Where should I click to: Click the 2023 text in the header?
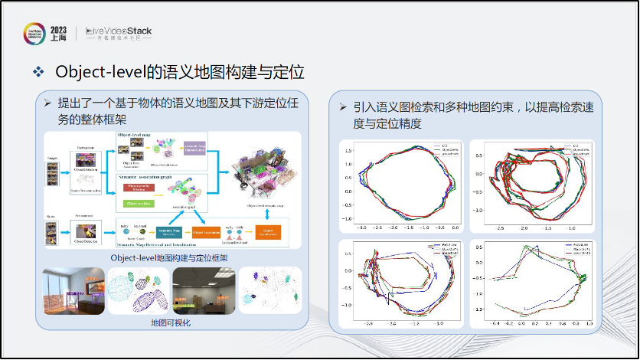point(58,29)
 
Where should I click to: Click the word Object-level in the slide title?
point(100,72)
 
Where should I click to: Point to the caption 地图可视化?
point(170,323)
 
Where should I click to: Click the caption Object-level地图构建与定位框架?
point(170,258)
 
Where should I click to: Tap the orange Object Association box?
point(208,231)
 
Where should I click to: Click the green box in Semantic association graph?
point(137,203)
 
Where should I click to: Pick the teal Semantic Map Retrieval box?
point(168,231)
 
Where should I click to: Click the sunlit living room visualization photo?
point(74,291)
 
